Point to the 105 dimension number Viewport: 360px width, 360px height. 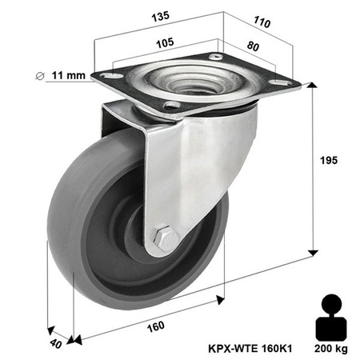[166, 42]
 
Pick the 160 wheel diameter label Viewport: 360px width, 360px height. [156, 326]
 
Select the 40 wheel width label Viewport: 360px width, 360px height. [54, 345]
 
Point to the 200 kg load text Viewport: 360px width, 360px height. [330, 349]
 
